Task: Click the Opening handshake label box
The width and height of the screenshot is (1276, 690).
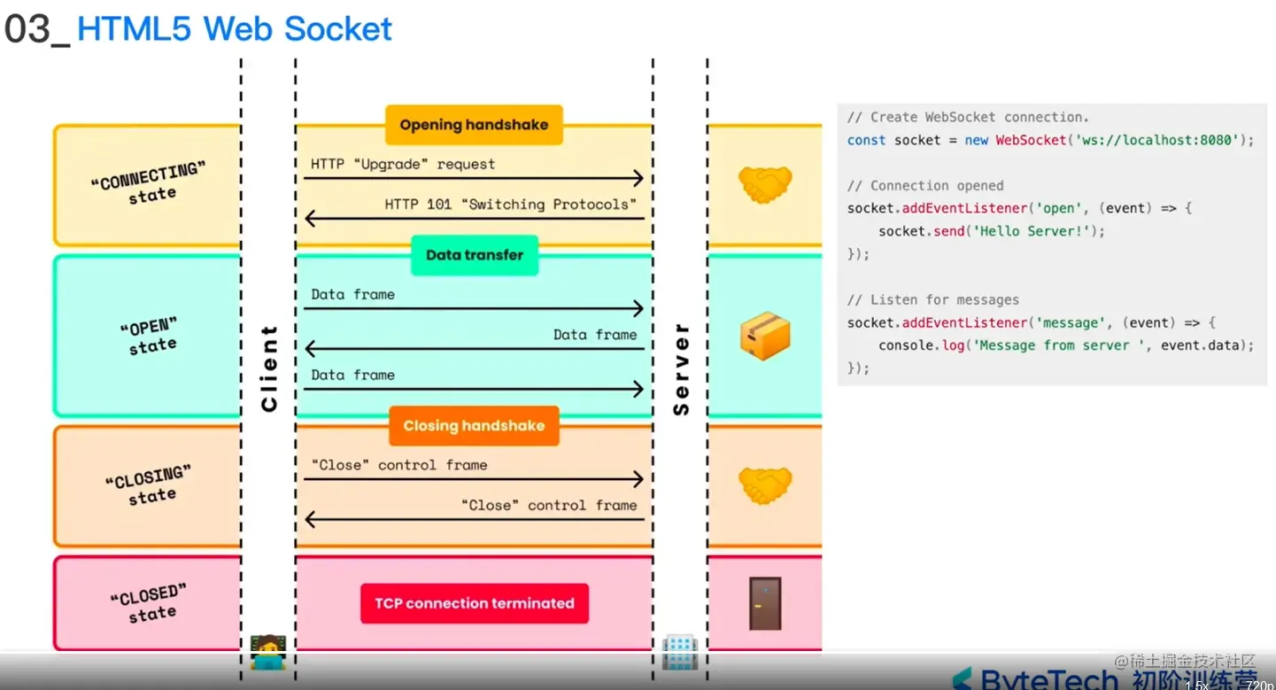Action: (474, 125)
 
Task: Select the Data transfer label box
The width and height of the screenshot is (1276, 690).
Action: (475, 255)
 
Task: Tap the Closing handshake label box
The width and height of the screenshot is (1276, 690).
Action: (474, 426)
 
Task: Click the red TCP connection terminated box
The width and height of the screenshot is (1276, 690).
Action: (475, 604)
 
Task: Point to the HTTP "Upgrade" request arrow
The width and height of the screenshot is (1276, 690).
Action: (473, 179)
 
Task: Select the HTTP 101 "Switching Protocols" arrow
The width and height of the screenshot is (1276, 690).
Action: (473, 218)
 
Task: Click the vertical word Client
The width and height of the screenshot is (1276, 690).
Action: (269, 368)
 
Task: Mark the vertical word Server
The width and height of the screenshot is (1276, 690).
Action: (681, 368)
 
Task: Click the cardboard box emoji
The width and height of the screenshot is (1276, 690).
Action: (764, 336)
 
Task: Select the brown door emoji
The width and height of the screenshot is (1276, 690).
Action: (764, 603)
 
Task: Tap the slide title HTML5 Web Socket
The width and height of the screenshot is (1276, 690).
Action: (235, 29)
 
